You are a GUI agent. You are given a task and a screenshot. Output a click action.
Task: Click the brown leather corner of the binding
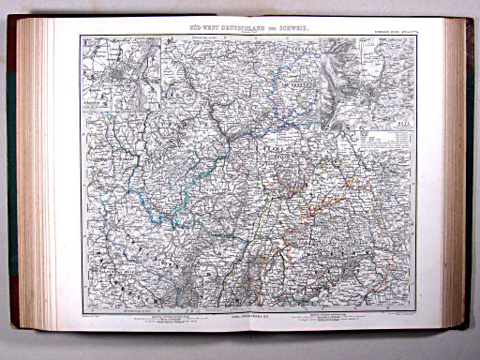[x=15, y=28]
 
